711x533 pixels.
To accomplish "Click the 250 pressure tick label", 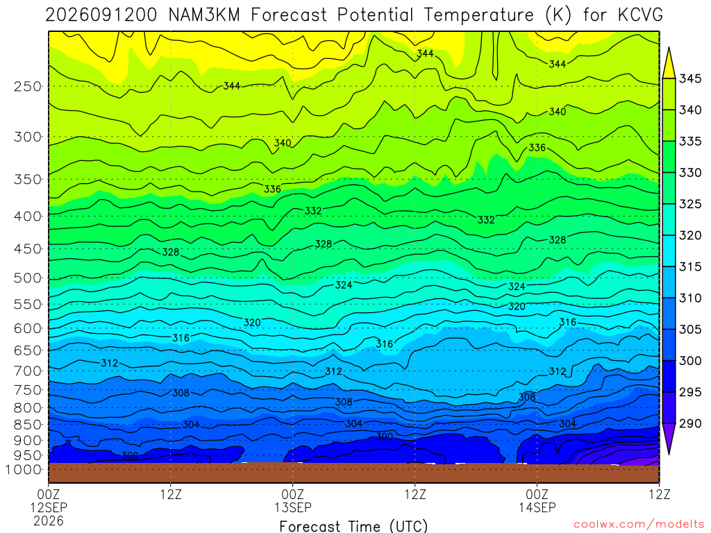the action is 28,86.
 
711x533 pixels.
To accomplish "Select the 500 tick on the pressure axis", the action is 28,278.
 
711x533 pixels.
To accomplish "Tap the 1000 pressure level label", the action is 24,470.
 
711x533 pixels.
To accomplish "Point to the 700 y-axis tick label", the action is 28,371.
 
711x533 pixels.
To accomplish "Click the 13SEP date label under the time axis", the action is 293,507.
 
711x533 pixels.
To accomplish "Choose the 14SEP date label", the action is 537,507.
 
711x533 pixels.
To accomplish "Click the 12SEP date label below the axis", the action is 49,507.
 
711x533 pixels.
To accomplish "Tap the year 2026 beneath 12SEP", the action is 49,521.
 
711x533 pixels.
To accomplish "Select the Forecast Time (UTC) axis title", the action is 353,526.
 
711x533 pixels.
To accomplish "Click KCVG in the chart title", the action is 639,15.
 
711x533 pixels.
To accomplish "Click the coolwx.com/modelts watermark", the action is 639,525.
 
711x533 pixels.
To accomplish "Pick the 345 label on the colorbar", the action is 690,78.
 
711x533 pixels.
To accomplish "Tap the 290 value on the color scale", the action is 690,423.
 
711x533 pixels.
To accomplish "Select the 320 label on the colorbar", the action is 690,235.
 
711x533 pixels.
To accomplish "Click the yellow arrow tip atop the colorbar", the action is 669,48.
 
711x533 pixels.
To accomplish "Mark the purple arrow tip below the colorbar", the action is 669,454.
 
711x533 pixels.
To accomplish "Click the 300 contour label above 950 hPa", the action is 130,455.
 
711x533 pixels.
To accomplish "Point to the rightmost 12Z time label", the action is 660,493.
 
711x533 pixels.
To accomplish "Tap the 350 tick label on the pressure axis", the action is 28,179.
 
